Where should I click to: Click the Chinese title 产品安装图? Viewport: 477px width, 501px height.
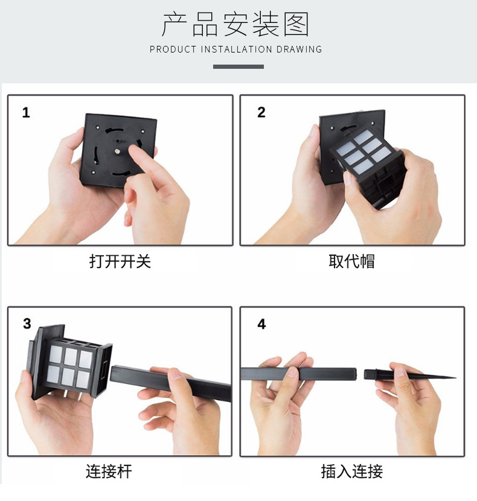point(235,25)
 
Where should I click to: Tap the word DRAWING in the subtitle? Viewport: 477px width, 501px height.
point(299,49)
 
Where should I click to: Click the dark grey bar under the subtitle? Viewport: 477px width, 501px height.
point(238,66)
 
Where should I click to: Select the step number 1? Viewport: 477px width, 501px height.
point(26,113)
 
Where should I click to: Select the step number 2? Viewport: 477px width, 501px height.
point(261,113)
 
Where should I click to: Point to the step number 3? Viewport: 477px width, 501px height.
point(27,324)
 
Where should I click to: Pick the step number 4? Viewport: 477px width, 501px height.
point(261,324)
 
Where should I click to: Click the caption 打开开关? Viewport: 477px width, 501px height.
point(120,261)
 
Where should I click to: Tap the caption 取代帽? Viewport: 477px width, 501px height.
point(351,261)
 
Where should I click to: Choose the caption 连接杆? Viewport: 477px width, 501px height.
point(109,471)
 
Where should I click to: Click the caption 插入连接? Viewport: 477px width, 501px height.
point(351,471)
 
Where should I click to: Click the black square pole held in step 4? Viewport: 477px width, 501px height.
point(320,374)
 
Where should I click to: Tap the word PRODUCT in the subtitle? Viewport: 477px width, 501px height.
point(173,49)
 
